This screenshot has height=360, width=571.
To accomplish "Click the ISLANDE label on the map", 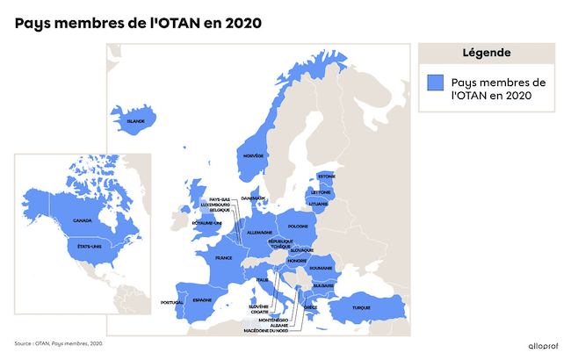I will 135,121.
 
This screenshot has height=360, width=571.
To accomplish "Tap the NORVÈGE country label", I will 253,155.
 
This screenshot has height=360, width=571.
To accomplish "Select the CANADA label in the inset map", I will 83,220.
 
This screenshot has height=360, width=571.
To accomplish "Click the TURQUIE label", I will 362,307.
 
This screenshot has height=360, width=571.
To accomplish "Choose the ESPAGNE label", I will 202,299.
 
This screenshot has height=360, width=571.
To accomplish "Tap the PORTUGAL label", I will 172,303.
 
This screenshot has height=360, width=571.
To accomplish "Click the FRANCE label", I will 223,258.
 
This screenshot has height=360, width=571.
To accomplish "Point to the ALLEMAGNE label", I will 260,232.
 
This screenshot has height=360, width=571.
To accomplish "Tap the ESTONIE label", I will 327,176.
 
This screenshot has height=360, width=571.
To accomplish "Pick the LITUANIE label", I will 318,204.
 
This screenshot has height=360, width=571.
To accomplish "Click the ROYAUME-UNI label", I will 207,223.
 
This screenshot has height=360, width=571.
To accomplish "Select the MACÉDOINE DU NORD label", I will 267,330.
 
